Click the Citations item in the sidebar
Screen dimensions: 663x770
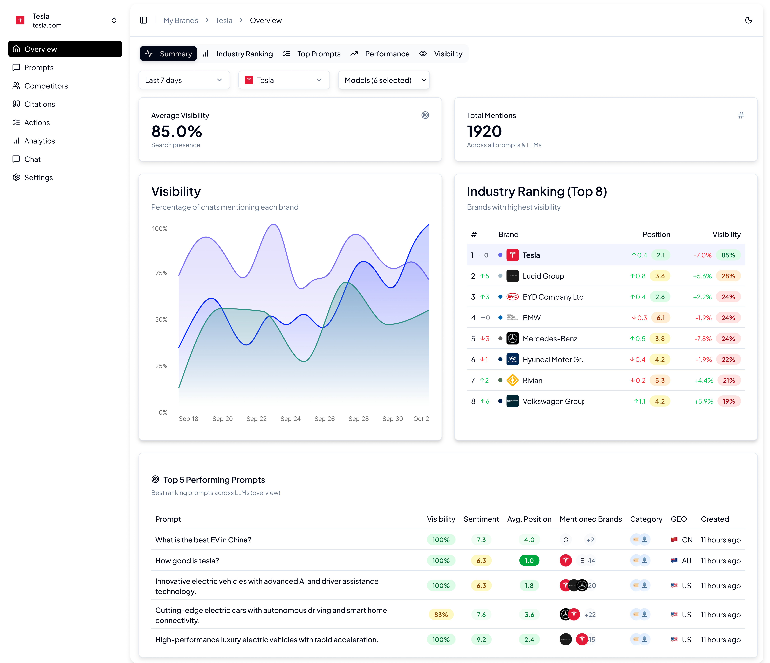(x=39, y=104)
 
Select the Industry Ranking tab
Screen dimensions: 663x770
(x=244, y=54)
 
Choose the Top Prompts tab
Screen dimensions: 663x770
(x=319, y=54)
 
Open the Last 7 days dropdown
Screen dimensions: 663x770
(x=184, y=80)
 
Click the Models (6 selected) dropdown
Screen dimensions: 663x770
(x=383, y=80)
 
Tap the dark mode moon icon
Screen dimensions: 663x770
(x=748, y=20)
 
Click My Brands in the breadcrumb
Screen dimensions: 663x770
(x=181, y=20)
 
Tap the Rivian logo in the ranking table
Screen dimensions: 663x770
(x=512, y=380)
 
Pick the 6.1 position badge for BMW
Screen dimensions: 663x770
(x=660, y=318)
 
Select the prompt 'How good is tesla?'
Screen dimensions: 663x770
(x=187, y=560)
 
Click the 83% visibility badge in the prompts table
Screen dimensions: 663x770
(x=441, y=615)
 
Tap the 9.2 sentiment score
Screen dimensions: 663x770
(x=481, y=640)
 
